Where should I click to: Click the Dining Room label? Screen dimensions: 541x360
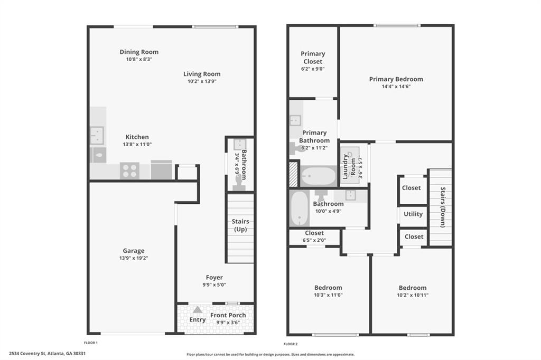[139, 52]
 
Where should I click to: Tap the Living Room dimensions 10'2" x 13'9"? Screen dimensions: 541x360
[202, 81]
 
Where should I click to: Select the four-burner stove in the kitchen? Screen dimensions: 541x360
[130, 170]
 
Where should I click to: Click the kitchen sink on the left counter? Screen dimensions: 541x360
[97, 136]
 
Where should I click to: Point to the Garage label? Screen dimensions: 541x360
[134, 251]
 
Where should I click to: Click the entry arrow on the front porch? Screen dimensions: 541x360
[198, 310]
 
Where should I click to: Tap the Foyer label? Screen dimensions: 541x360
[214, 277]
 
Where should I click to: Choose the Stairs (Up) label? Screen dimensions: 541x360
[240, 225]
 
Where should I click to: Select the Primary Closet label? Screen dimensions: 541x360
[313, 58]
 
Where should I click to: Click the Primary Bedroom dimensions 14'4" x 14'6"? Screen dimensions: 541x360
[396, 87]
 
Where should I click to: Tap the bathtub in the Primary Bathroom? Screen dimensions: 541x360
[318, 176]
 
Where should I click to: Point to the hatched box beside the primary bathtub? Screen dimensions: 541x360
[293, 174]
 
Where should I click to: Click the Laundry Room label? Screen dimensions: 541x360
[349, 167]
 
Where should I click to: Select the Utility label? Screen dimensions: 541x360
[413, 214]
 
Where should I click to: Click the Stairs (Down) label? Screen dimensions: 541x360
[443, 207]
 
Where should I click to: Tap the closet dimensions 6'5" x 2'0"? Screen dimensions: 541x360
[314, 240]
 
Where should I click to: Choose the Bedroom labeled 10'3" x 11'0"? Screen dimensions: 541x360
[328, 288]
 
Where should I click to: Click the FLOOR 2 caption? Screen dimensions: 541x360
[291, 344]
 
